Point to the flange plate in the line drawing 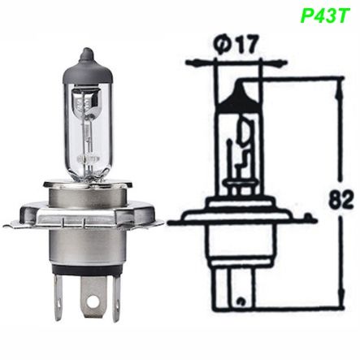coord(244,217)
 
